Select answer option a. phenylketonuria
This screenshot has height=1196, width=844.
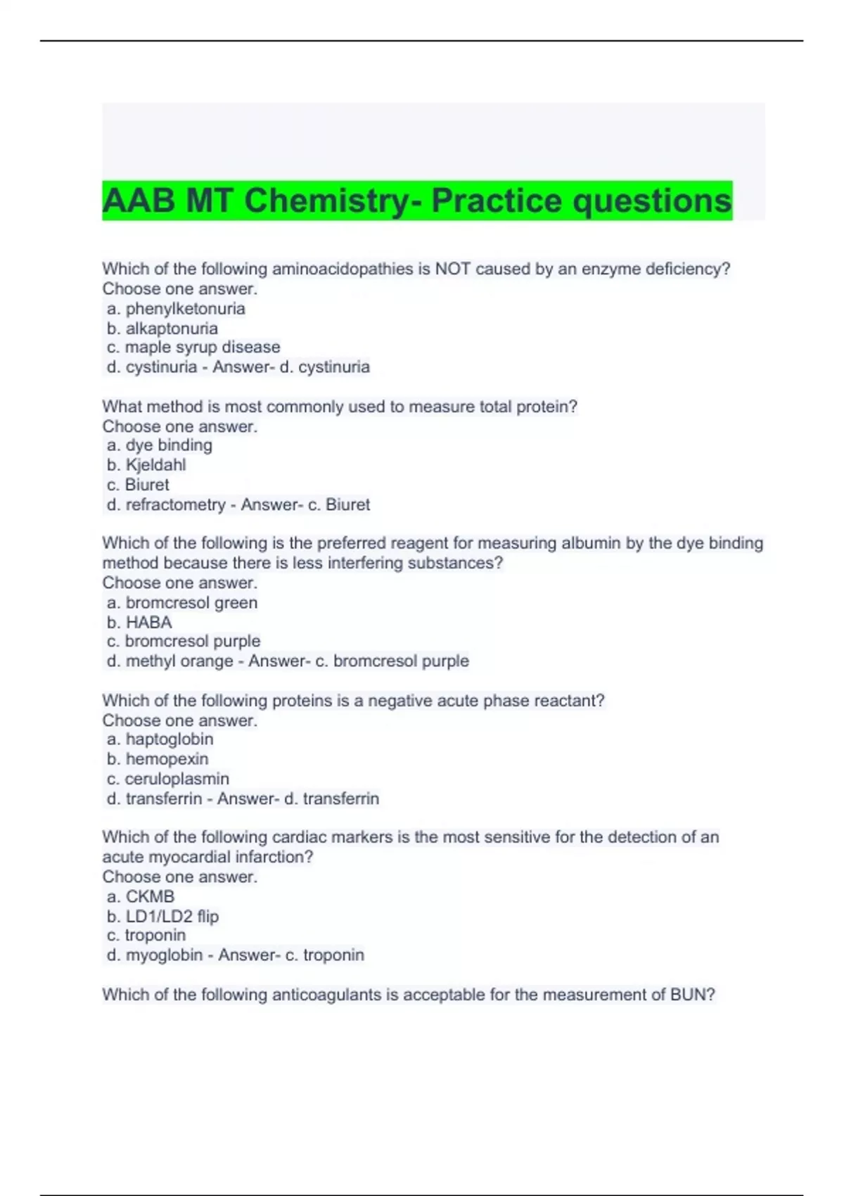(176, 309)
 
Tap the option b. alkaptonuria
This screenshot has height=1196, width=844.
(162, 329)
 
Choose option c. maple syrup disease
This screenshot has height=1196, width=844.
(193, 347)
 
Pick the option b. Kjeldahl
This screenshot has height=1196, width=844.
(146, 465)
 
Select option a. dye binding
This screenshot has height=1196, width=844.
(160, 445)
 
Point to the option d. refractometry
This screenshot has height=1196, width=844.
(166, 504)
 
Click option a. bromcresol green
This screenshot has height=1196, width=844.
(182, 603)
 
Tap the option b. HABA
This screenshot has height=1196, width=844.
(139, 623)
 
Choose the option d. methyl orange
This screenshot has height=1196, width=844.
(170, 661)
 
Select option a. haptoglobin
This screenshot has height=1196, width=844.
(160, 739)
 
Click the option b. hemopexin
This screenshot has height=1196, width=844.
(158, 759)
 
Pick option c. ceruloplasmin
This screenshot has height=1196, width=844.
(168, 779)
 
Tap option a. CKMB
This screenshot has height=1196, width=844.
(141, 897)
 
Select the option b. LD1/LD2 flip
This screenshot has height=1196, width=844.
(163, 917)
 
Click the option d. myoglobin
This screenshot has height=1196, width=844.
(155, 955)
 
